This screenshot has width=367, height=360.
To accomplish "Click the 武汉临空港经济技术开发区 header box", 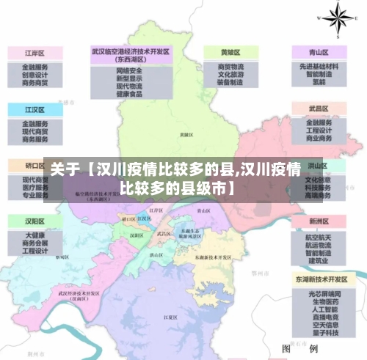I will [x=131, y=56].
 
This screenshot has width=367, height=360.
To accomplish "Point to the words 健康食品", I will [x=129, y=95].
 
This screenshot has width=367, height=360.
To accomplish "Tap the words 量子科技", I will [x=320, y=328].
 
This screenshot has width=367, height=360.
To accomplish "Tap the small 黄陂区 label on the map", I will [x=186, y=135].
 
